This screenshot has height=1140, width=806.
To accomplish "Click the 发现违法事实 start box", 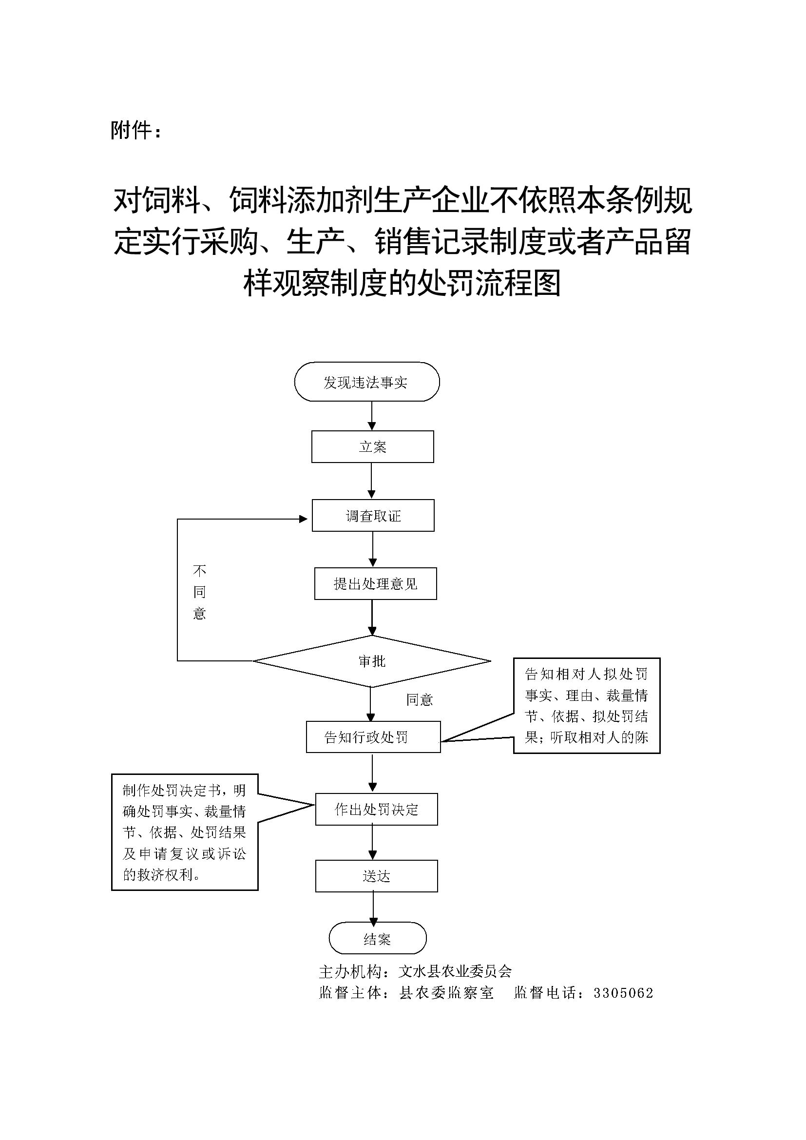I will coord(367,382).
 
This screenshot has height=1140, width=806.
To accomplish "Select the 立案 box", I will coord(372,446).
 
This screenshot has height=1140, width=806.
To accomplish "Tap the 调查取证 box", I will coord(373,515).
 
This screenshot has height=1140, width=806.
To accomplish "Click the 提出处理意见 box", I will coord(375,583).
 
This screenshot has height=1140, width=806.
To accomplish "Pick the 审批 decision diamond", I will coord(372,661).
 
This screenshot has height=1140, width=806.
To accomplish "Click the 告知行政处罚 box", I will coord(373,737).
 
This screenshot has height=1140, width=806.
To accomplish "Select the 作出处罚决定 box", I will coord(376,810).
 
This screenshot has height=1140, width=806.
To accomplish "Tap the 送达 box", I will coord(376,876).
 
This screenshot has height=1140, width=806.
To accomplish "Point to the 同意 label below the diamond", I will coord(420,699).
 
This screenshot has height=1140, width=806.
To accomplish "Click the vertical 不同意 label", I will coord(199,592).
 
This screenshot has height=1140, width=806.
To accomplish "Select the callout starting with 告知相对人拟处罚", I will coord(586,706).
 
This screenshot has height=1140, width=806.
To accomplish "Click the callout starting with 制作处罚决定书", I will coord(185,832).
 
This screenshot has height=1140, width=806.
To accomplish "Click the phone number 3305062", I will coord(623,993).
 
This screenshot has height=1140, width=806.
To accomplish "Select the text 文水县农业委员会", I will coord(455,971).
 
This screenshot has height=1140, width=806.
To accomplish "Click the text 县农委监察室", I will coord(446,993).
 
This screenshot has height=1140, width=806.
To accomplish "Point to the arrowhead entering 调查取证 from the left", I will coord(303,520).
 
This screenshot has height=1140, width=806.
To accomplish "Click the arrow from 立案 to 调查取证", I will coord(371,481).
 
